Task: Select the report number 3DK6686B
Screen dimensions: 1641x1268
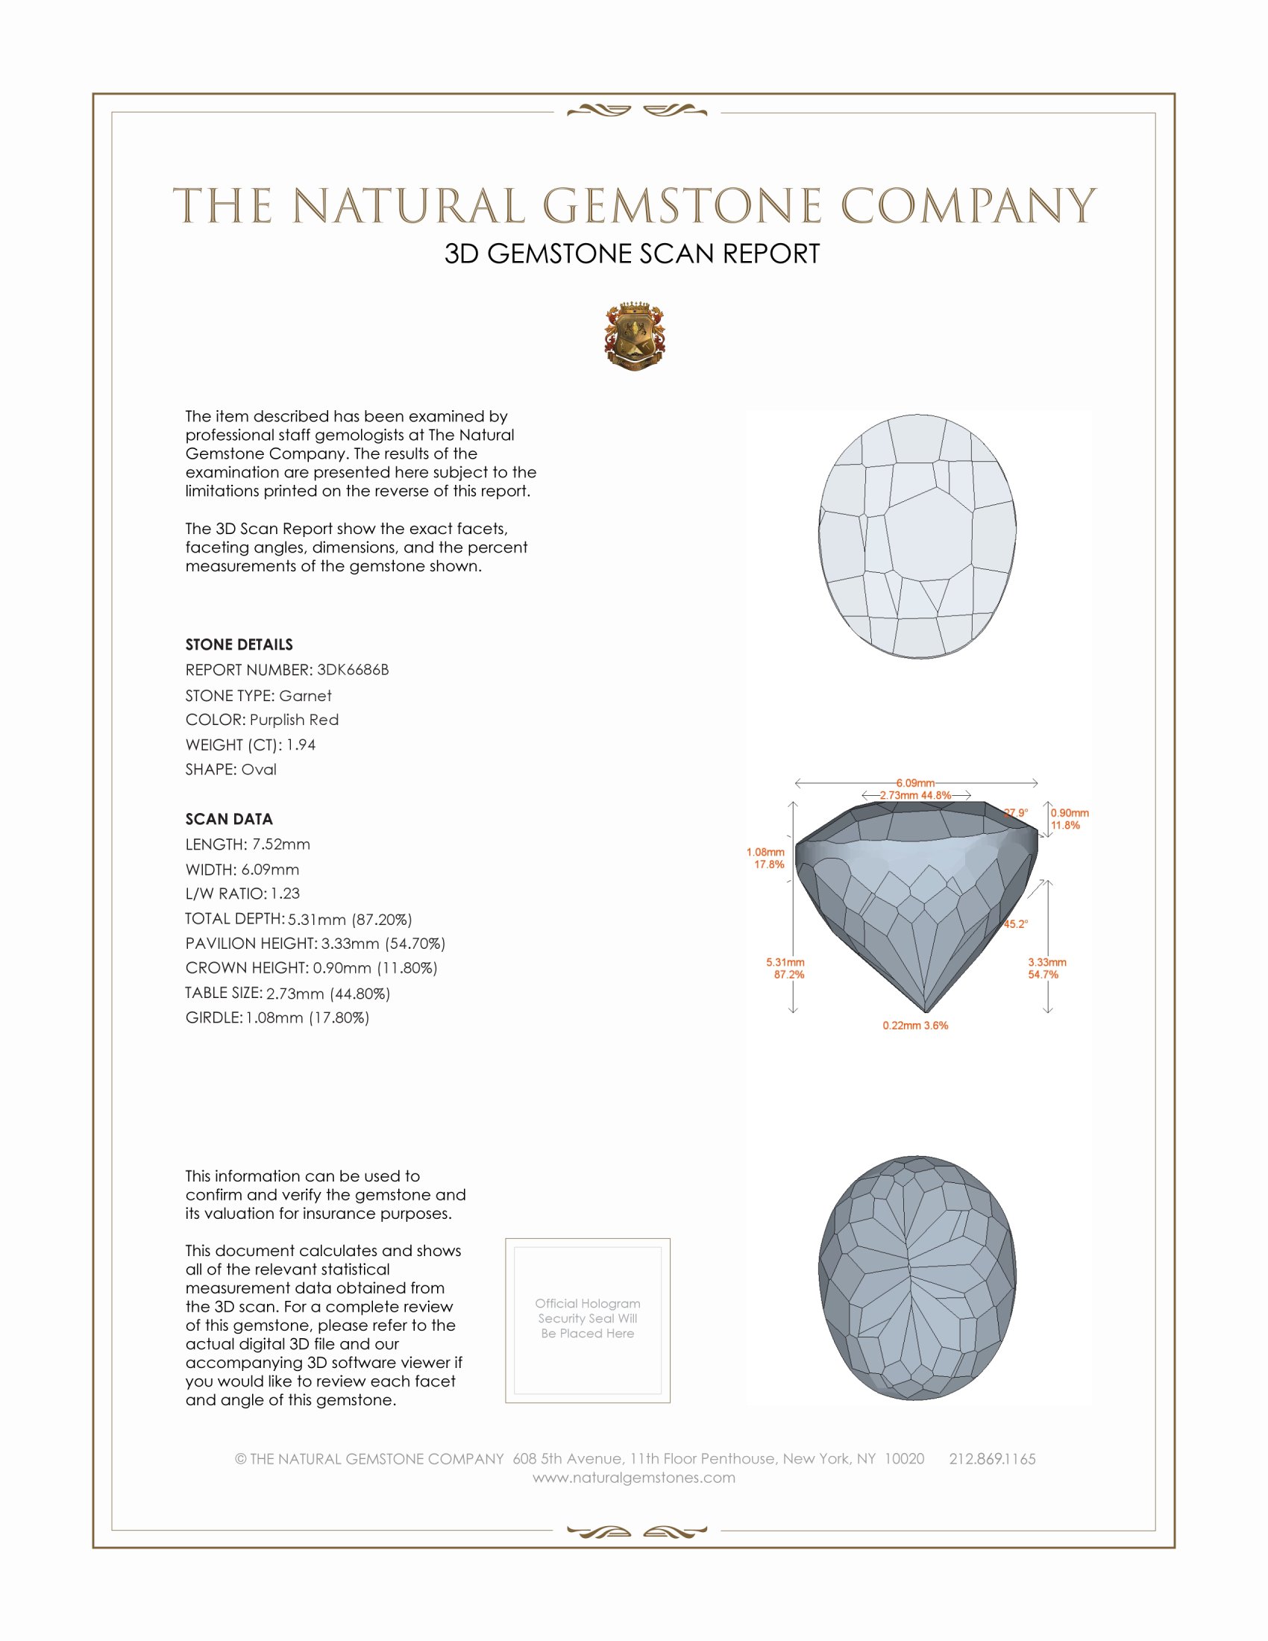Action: pyautogui.click(x=352, y=670)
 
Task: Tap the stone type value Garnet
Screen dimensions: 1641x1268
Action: pyautogui.click(x=305, y=696)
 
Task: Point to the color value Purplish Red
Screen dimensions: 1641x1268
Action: pyautogui.click(x=294, y=720)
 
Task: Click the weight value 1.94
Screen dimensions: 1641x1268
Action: pyautogui.click(x=301, y=744)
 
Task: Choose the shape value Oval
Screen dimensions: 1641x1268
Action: pyautogui.click(x=258, y=770)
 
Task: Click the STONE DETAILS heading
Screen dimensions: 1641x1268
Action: pyautogui.click(x=239, y=644)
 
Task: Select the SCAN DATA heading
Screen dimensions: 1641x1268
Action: pyautogui.click(x=229, y=819)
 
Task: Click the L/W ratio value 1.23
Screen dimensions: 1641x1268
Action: pyautogui.click(x=285, y=894)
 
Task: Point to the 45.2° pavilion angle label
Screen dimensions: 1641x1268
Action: pyautogui.click(x=1016, y=924)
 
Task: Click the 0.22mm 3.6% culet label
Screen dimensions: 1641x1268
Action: pyautogui.click(x=915, y=1026)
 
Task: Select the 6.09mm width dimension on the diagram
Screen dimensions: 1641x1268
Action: pyautogui.click(x=915, y=783)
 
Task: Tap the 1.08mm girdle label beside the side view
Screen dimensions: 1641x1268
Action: pyautogui.click(x=765, y=852)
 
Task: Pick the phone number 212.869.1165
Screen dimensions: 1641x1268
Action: pyautogui.click(x=991, y=1459)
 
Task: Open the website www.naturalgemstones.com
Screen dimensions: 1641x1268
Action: pyautogui.click(x=634, y=1478)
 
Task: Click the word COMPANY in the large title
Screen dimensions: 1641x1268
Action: pyautogui.click(x=968, y=206)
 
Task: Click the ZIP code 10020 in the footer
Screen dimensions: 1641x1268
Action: pyautogui.click(x=904, y=1459)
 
